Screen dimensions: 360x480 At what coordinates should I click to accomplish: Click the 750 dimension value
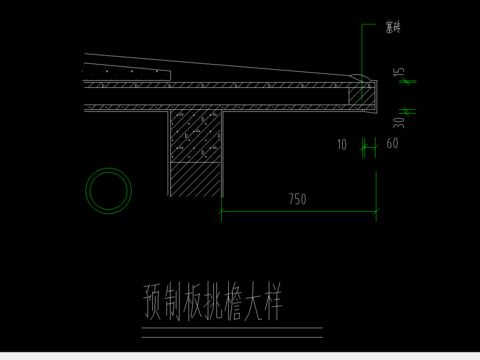[x=296, y=199]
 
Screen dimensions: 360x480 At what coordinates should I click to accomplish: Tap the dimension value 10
[x=341, y=145]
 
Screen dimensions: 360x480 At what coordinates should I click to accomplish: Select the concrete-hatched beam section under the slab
[x=196, y=136]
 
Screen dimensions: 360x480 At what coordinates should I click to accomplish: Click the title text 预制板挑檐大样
[x=212, y=302]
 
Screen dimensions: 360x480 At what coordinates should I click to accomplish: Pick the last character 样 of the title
[x=271, y=302]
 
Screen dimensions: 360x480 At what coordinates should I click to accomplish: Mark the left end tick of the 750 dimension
[x=221, y=210]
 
